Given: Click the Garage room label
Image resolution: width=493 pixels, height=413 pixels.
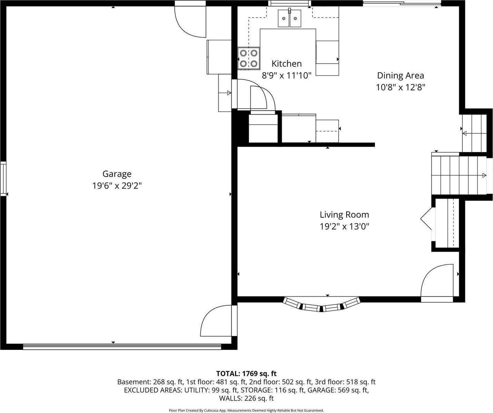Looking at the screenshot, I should (117, 174).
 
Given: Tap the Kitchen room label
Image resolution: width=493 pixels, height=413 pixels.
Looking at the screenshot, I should (287, 64).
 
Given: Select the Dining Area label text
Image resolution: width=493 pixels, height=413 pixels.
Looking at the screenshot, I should (400, 75).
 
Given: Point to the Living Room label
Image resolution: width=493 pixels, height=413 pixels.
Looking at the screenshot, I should (344, 215).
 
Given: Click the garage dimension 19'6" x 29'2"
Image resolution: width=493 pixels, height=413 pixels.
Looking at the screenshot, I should (117, 186).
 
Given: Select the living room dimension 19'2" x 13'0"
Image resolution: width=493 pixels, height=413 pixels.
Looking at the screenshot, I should (344, 226).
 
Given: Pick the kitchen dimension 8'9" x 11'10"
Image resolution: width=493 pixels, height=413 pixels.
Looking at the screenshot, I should (287, 75).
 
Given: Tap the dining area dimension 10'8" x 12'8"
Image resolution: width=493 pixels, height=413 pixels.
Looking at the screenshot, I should (400, 87).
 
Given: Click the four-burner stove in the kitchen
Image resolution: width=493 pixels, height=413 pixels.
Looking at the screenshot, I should (249, 58).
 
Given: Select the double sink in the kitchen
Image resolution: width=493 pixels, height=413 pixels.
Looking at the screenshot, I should (290, 18).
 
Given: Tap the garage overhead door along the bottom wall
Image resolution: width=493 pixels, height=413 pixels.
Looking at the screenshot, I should (122, 347).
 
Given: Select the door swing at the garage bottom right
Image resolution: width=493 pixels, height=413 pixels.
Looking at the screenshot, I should (217, 321).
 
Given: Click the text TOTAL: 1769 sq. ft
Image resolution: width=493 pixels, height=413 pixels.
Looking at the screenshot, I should (246, 374).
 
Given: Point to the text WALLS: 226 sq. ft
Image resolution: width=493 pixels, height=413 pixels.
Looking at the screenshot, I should (246, 399).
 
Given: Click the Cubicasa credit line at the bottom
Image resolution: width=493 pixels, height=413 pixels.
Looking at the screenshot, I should (246, 410).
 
